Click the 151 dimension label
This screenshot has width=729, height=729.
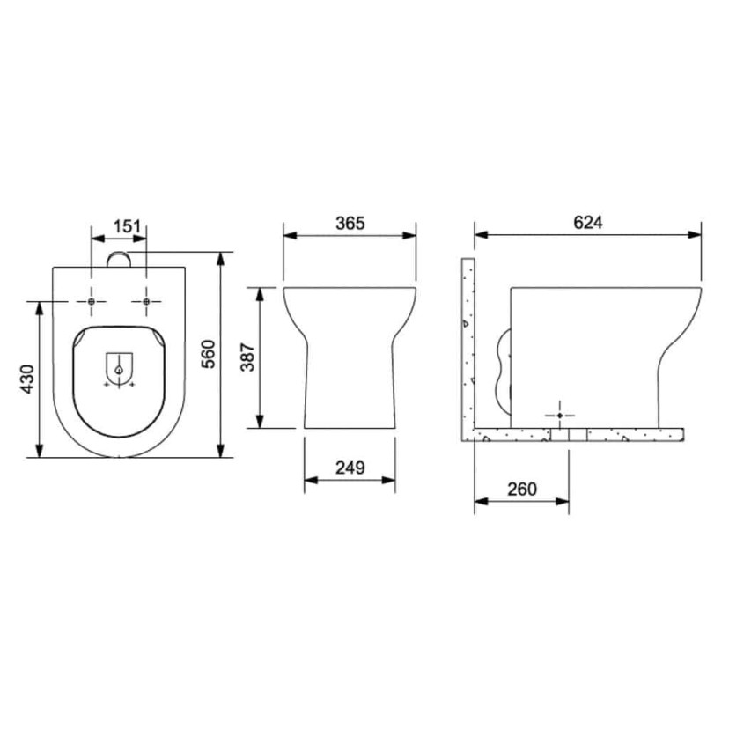click(127, 226)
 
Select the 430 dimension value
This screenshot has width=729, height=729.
click(28, 379)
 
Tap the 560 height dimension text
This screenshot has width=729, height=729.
click(209, 354)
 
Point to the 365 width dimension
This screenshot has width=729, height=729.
click(350, 223)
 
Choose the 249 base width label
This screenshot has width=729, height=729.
click(350, 468)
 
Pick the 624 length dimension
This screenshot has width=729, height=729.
click(587, 222)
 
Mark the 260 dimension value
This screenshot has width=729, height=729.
click(521, 490)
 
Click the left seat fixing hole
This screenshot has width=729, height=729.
click(92, 302)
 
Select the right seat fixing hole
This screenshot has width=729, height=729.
click(146, 302)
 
